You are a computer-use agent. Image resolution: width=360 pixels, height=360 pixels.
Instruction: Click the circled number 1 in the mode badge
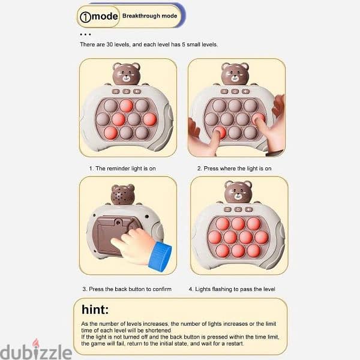click(x=85, y=17)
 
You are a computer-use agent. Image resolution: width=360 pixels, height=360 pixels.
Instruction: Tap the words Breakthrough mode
click(x=149, y=16)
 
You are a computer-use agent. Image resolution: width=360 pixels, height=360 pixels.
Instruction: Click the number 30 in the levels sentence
click(x=109, y=44)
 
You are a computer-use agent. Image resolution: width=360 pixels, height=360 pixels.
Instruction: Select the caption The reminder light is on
click(x=122, y=169)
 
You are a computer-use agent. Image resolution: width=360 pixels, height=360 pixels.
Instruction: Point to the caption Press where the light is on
click(x=234, y=169)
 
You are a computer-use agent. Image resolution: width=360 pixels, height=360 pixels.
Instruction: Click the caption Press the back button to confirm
click(x=127, y=289)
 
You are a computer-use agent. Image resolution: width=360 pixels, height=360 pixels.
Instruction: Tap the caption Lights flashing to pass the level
click(x=232, y=289)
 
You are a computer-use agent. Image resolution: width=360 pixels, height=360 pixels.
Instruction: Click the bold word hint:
click(x=95, y=309)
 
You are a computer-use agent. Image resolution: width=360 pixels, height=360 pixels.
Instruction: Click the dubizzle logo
click(x=36, y=350)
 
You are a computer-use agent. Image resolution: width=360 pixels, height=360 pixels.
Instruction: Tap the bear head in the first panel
click(x=126, y=74)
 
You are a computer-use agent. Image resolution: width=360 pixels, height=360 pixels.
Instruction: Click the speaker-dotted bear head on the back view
click(x=122, y=194)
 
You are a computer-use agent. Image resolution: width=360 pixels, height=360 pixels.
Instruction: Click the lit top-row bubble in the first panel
click(x=126, y=106)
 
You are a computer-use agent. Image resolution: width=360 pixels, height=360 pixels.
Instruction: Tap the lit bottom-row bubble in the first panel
click(x=110, y=133)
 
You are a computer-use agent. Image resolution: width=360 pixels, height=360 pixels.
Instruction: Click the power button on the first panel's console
click(x=126, y=92)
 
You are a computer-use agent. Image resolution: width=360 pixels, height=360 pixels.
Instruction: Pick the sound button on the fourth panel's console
click(x=248, y=209)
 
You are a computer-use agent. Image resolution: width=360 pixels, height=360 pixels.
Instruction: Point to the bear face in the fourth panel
click(x=238, y=192)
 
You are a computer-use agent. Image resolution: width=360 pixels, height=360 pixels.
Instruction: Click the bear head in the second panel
click(x=235, y=74)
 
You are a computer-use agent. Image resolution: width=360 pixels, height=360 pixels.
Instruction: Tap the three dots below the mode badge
click(x=85, y=34)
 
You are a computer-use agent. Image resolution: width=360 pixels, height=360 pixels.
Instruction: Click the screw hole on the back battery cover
click(x=118, y=223)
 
